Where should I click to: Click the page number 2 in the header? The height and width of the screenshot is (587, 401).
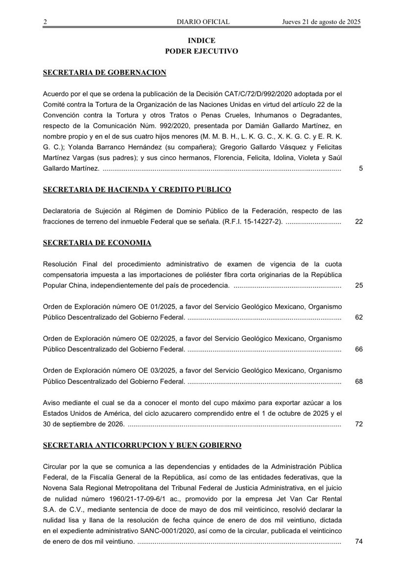tap(45, 22)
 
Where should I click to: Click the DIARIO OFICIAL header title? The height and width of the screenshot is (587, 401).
tap(203, 22)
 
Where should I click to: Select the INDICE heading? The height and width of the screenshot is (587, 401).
tap(201, 41)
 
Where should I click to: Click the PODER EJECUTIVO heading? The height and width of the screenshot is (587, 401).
tap(201, 51)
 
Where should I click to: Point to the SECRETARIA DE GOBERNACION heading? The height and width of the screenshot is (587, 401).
tap(105, 72)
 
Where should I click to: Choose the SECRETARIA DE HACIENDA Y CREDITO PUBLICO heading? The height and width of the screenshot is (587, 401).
tap(137, 189)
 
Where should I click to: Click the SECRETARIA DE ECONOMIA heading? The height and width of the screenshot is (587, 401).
tap(97, 243)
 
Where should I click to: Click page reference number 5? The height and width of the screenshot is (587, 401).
tap(360, 169)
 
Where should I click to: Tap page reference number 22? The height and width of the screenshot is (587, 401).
tap(358, 222)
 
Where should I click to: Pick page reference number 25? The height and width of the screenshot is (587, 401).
tap(358, 285)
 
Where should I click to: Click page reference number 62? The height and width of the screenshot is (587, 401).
tap(358, 317)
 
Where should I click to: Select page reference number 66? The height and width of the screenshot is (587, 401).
tap(358, 350)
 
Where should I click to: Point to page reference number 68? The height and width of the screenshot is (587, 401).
tap(358, 382)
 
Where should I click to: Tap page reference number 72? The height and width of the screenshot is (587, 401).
tap(358, 424)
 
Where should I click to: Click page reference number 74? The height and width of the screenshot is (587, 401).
tap(358, 542)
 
